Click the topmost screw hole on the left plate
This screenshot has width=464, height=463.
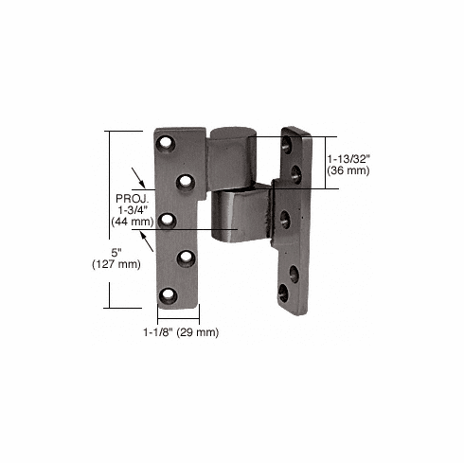coord(170,145)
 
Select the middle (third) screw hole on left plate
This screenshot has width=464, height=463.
coord(169,220)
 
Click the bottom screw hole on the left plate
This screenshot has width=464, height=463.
coord(170,294)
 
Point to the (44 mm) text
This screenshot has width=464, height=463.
coord(130,222)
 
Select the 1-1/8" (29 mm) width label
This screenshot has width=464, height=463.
coord(180,331)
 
